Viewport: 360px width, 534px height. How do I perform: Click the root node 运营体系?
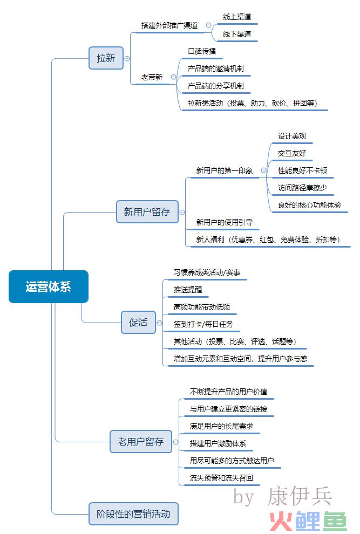(x=49, y=286)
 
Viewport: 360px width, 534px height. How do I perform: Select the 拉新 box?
(x=106, y=58)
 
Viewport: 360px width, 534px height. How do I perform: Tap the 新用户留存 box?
(x=147, y=212)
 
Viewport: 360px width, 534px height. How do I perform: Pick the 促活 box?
(x=138, y=322)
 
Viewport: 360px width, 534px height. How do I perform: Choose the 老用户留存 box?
(x=141, y=442)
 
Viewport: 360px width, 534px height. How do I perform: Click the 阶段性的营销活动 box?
(x=133, y=514)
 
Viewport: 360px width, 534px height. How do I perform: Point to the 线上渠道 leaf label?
(x=237, y=17)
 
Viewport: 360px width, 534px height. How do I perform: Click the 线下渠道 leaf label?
(x=237, y=34)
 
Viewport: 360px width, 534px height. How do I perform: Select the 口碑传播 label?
(x=202, y=51)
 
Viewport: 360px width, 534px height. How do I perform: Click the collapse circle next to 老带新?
(x=173, y=77)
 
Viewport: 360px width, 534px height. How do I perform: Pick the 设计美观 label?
(x=292, y=136)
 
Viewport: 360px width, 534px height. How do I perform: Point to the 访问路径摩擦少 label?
(x=302, y=188)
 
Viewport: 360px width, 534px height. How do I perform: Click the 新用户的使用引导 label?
(x=225, y=222)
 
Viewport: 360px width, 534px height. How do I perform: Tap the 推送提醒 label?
(x=188, y=290)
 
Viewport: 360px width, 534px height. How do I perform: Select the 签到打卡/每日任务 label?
(x=203, y=324)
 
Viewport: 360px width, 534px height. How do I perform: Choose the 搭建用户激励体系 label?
(x=218, y=443)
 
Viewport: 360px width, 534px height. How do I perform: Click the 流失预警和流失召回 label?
(x=221, y=478)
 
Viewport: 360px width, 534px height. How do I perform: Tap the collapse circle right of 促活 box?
(x=160, y=323)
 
